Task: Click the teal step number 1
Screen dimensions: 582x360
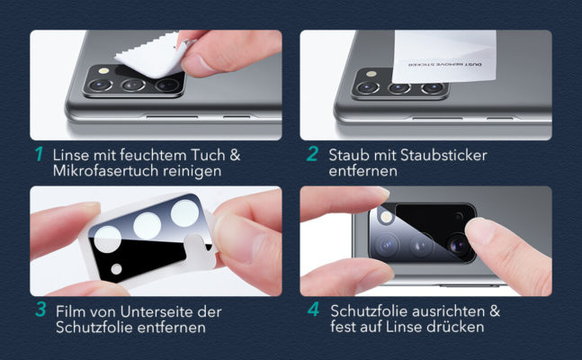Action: [39, 154]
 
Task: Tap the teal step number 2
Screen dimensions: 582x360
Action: [312, 154]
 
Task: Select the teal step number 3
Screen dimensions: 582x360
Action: [40, 310]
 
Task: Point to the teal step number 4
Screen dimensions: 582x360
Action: [314, 309]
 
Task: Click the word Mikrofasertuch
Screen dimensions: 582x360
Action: [106, 171]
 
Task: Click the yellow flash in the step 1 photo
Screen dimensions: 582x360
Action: [103, 70]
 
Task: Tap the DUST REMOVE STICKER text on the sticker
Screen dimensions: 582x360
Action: [444, 65]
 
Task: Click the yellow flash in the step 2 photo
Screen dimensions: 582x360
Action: [371, 74]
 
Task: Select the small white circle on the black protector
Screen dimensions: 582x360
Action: [116, 269]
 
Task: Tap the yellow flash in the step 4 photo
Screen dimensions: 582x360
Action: [386, 216]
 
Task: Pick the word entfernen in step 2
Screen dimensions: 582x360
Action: [363, 171]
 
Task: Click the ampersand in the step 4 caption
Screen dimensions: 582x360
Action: [495, 311]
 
